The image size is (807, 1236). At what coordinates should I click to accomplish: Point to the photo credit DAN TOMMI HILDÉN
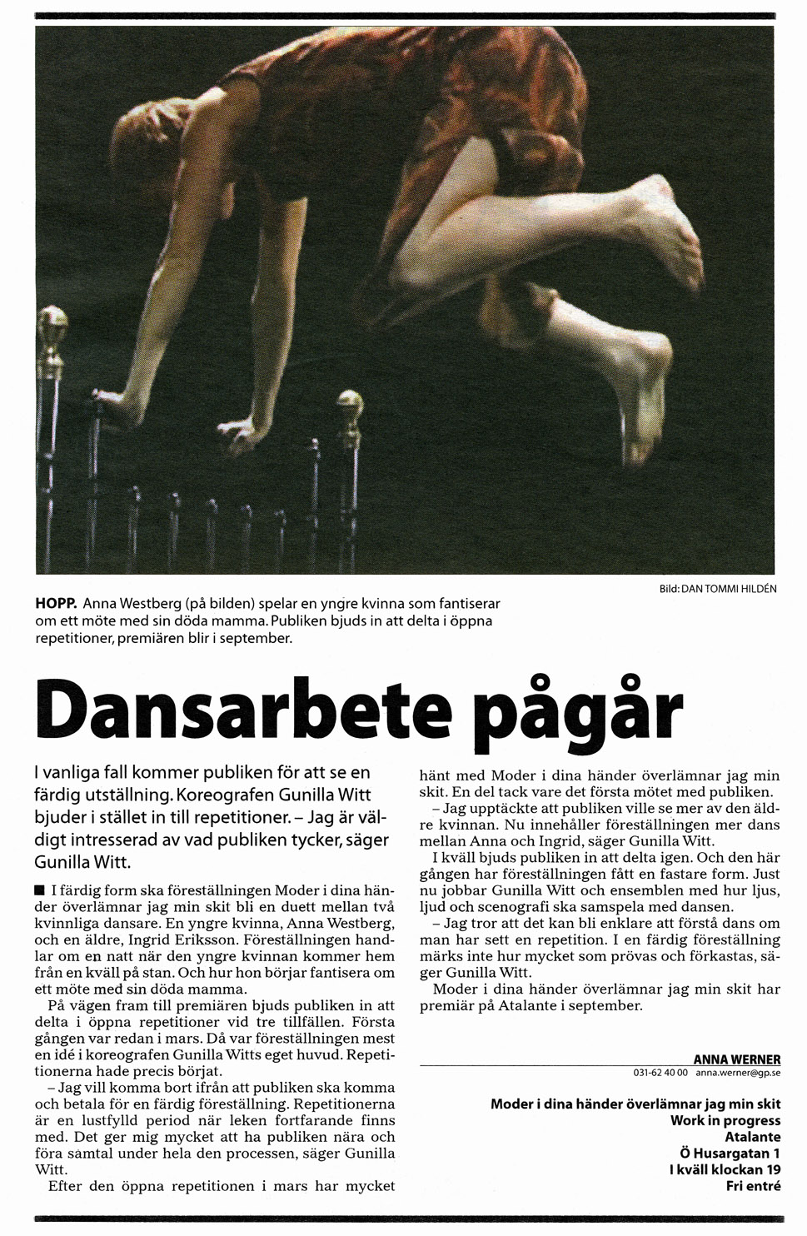728,589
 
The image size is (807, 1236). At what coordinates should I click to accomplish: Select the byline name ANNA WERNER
737,1059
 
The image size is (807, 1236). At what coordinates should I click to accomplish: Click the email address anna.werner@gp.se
738,1074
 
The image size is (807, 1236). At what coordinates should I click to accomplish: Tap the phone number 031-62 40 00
661,1074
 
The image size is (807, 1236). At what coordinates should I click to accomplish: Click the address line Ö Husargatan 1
730,1154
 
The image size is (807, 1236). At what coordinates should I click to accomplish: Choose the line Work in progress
725,1120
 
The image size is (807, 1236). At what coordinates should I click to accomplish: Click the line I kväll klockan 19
725,1169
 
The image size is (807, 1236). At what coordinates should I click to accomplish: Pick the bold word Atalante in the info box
752,1137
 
